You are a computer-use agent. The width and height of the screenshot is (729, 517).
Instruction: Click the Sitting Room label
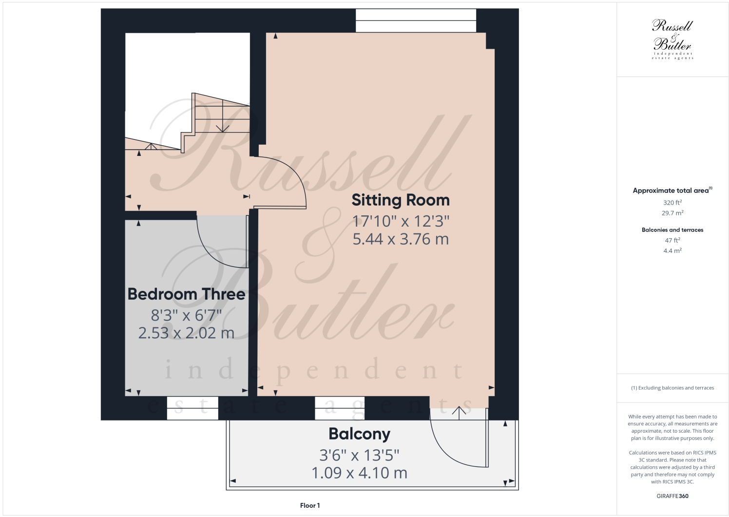point(400,200)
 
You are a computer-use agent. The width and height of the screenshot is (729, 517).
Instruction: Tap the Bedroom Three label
point(186,294)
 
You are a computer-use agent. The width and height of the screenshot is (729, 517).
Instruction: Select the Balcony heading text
point(359,434)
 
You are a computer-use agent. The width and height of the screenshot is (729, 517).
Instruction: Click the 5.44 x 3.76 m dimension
point(400,239)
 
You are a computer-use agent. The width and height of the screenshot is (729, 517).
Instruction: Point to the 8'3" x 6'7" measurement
point(186,315)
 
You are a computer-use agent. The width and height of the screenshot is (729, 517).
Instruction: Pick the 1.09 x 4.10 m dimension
point(359,473)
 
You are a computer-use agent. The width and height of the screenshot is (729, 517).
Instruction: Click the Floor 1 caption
point(310,505)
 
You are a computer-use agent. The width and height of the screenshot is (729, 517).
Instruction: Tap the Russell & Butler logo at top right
point(672,39)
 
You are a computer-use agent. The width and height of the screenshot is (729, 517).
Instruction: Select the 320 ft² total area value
point(672,203)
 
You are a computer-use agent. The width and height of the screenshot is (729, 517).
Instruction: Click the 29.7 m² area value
point(672,213)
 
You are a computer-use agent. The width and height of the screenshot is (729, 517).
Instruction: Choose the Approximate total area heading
point(672,191)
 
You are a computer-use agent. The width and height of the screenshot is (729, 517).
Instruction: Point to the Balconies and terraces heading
point(672,230)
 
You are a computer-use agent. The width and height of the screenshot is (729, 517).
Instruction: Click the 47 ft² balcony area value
point(672,240)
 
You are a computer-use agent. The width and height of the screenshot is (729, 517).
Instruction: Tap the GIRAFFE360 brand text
point(672,496)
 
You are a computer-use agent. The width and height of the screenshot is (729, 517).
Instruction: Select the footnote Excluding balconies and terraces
point(672,388)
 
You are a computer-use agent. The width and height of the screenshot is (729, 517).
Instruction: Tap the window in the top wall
point(416,20)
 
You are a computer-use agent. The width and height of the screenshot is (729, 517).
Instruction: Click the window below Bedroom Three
point(192,408)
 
